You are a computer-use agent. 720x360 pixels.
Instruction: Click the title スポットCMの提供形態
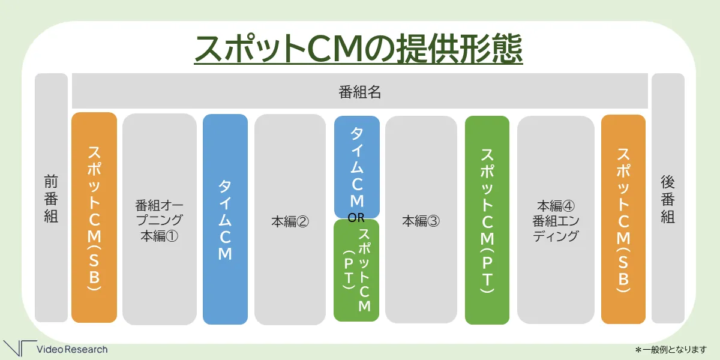[x=358, y=49]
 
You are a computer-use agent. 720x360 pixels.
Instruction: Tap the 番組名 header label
[x=359, y=92]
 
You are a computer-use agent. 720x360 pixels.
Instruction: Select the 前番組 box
[x=51, y=197]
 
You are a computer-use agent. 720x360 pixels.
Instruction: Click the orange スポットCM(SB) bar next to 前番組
[x=94, y=218]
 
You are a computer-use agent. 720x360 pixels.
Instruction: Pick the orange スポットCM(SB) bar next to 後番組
[x=623, y=219]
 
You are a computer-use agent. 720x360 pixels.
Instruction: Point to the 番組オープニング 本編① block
[x=160, y=219]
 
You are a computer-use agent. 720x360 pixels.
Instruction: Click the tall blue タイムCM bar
[x=226, y=219]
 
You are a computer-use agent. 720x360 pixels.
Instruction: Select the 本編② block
[x=290, y=220]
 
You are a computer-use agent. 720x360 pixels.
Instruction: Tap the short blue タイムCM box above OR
[x=357, y=167]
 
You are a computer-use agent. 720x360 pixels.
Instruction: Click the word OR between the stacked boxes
[x=356, y=218]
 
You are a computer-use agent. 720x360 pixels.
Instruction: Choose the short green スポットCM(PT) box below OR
[x=356, y=271]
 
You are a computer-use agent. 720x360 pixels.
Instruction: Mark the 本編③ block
[x=421, y=220]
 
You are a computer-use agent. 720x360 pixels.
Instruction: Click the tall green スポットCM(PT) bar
[x=487, y=220]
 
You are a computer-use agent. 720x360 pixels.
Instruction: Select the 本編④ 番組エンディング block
[x=556, y=220]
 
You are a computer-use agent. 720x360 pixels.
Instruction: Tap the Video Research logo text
[x=72, y=349]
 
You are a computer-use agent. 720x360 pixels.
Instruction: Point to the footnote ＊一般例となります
[x=671, y=350]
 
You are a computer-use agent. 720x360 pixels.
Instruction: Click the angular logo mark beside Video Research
[x=20, y=348]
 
